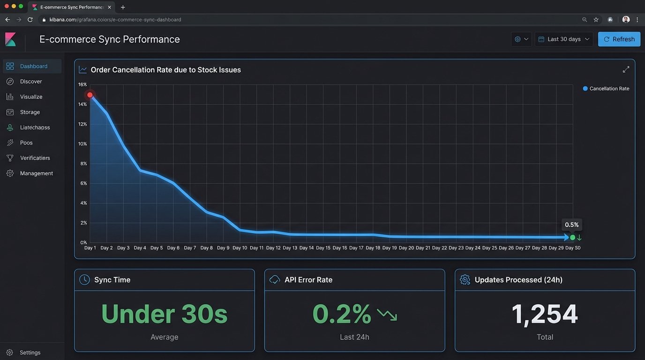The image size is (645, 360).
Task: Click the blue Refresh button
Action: [x=619, y=39]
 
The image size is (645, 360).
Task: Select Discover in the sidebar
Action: [x=31, y=82]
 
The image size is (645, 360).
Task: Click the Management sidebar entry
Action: [x=36, y=173]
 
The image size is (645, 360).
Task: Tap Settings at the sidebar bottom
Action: [x=30, y=352]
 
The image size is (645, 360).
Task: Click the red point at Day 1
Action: [x=90, y=95]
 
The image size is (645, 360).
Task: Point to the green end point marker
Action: [x=572, y=238]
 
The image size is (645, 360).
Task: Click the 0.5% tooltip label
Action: [x=572, y=225]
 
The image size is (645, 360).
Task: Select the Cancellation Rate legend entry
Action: [x=608, y=89]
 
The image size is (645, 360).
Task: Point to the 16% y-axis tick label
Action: [x=82, y=84]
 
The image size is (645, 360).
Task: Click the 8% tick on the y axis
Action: [x=84, y=164]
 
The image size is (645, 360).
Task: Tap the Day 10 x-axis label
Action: [x=240, y=248]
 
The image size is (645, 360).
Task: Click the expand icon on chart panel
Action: [x=626, y=69]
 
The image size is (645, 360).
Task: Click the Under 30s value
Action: [x=164, y=314]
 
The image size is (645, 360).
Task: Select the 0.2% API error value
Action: [x=342, y=314]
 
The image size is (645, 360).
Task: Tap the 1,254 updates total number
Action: [x=545, y=314]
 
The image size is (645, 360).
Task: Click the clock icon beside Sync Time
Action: [x=84, y=280]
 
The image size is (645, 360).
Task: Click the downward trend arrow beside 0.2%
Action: [x=387, y=315]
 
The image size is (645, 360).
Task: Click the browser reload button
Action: [x=30, y=20]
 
